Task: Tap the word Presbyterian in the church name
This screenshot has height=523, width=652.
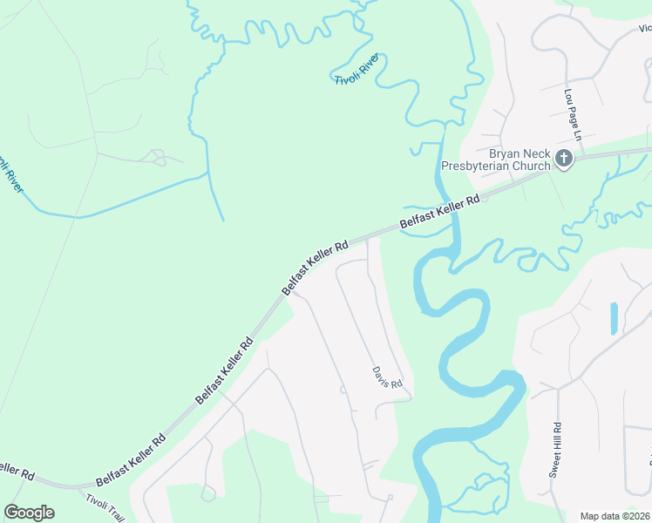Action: (x=495, y=166)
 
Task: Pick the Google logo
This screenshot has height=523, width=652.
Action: (x=29, y=513)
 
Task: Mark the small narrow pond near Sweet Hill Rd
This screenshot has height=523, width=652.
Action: (x=614, y=319)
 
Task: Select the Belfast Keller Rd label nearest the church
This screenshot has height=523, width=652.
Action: (x=439, y=214)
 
